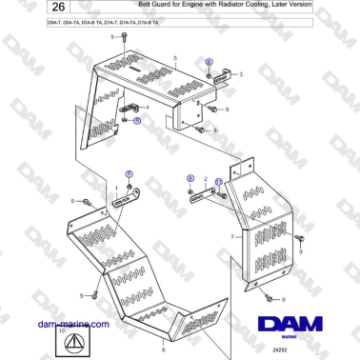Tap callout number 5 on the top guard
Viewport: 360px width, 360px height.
[175, 58]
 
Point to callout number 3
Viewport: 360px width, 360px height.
[241, 73]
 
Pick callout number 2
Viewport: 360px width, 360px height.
[204, 178]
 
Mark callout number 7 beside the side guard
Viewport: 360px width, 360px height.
[231, 235]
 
